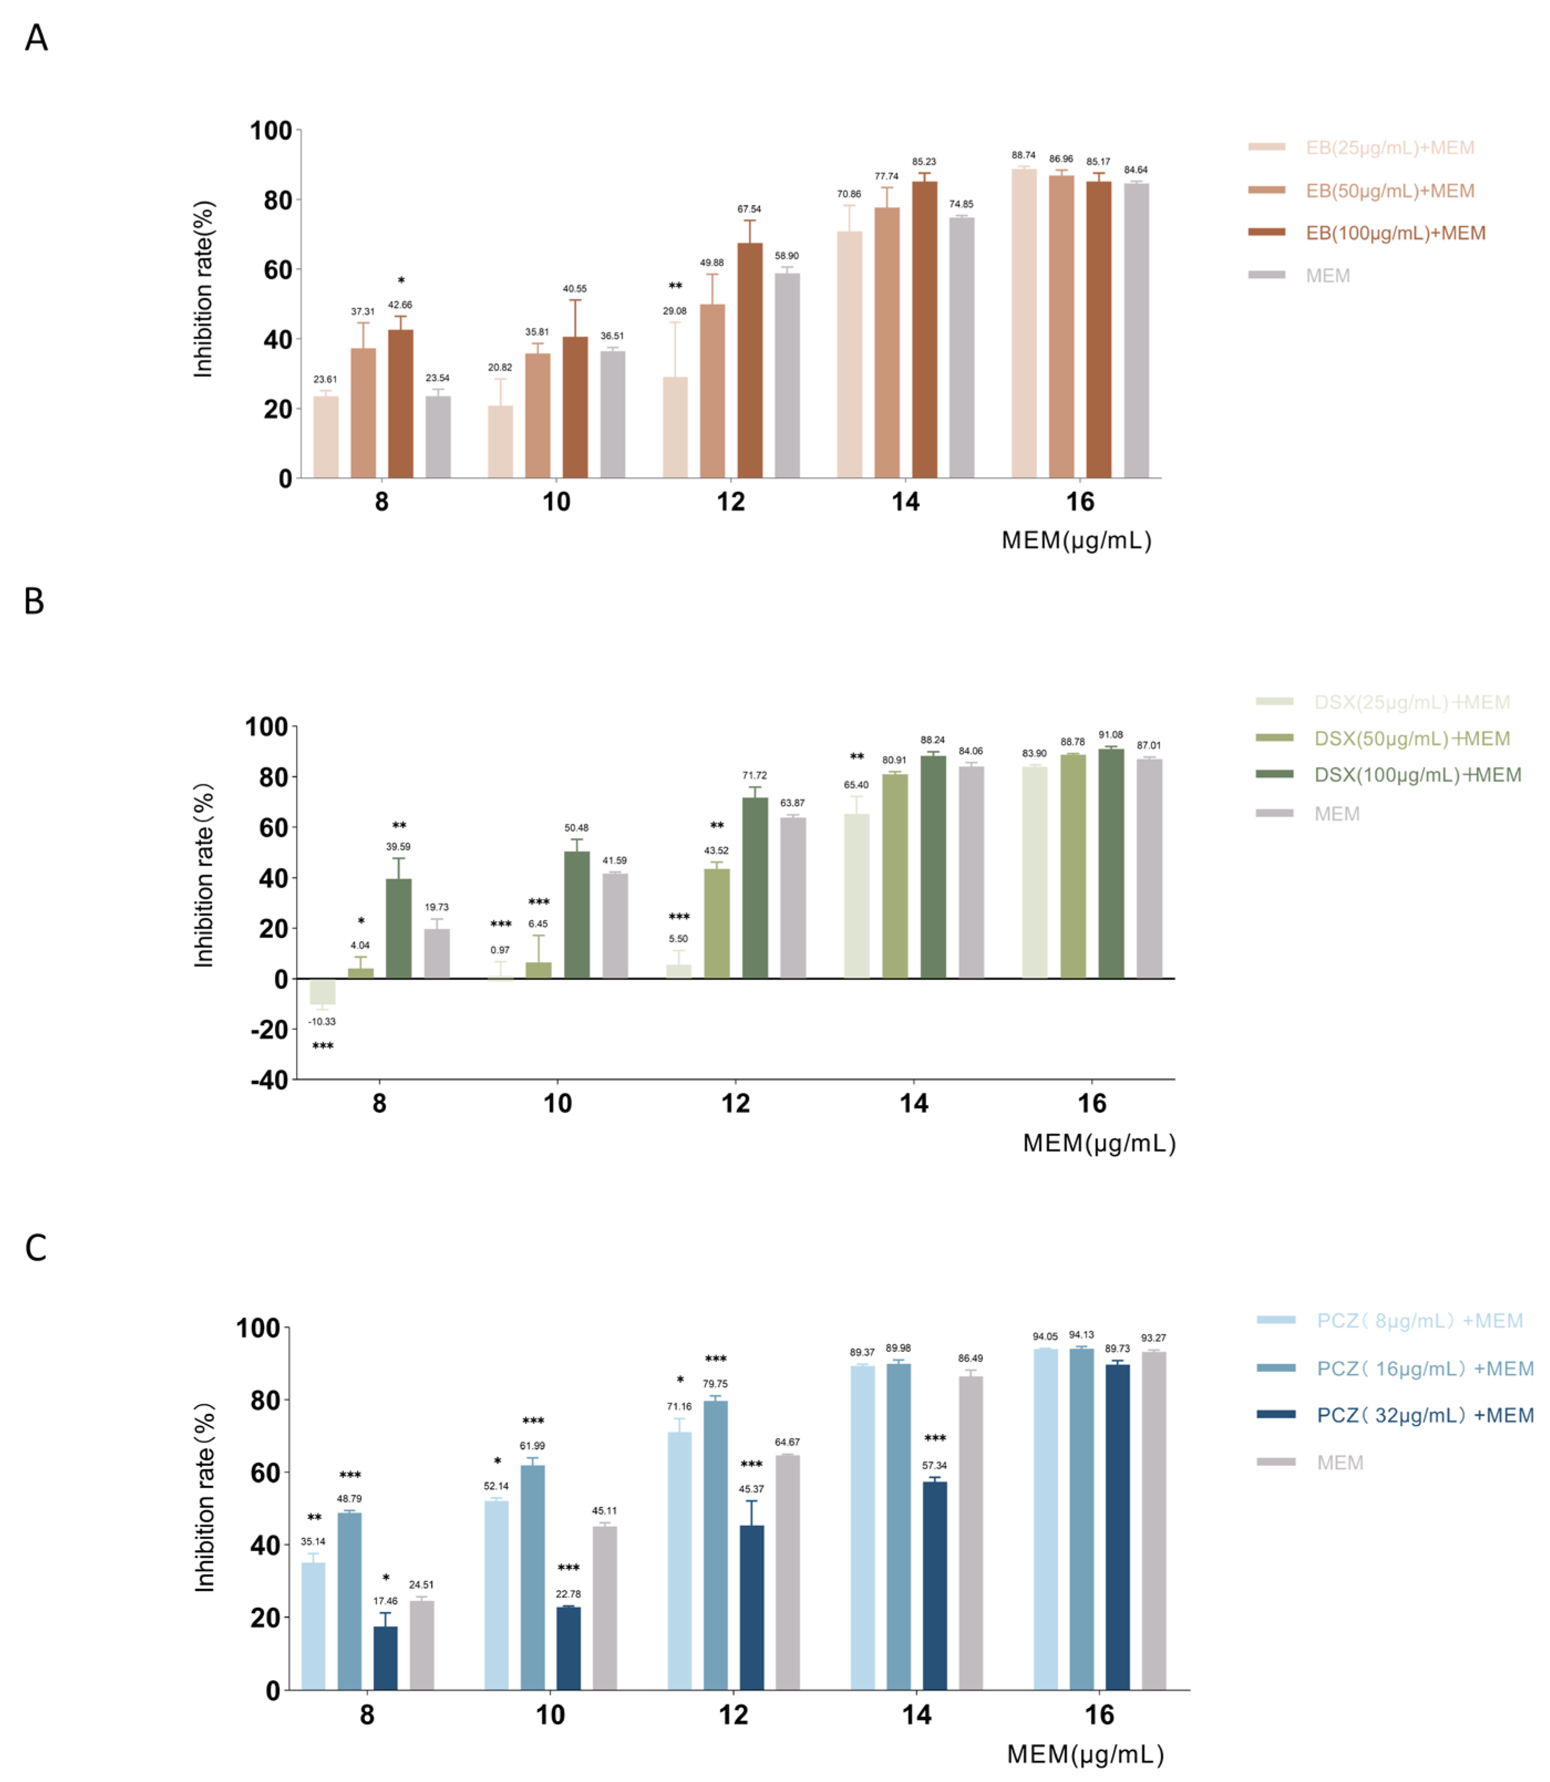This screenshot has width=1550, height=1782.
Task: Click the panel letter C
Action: point(35,1248)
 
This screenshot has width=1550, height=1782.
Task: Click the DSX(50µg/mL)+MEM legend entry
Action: point(1411,738)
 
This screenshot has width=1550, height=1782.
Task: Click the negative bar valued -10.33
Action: point(323,991)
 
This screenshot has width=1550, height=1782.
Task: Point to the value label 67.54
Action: point(749,209)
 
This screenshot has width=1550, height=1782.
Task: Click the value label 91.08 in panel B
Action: point(1111,735)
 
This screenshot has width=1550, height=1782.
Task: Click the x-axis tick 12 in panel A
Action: point(731,502)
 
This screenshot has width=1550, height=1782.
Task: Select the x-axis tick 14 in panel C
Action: point(917,1714)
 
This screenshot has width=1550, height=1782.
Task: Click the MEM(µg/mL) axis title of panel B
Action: point(1099,1143)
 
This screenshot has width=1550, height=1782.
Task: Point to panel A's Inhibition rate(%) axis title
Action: point(203,289)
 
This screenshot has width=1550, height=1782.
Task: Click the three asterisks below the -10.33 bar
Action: point(323,1046)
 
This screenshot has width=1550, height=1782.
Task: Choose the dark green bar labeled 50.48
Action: point(577,915)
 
